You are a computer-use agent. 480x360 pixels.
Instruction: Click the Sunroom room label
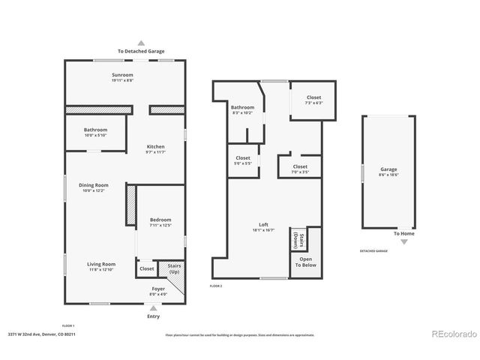tap(123, 75)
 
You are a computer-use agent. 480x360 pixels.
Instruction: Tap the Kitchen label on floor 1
tap(155, 146)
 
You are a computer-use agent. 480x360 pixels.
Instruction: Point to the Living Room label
tap(100, 264)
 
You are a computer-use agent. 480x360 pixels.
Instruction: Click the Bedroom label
tap(160, 220)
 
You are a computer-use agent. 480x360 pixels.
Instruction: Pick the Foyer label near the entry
tap(158, 289)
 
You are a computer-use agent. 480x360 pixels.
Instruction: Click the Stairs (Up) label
tap(174, 268)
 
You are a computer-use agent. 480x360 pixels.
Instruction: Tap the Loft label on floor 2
tap(263, 225)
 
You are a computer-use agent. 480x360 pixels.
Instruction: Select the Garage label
tap(388, 169)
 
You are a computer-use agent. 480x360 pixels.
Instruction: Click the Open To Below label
tap(305, 262)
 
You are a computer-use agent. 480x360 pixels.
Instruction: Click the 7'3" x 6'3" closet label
tap(313, 97)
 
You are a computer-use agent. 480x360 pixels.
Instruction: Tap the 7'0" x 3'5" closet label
tap(300, 166)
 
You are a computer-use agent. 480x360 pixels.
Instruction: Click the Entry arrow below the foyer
tap(154, 307)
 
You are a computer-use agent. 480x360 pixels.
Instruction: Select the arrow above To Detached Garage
tap(141, 43)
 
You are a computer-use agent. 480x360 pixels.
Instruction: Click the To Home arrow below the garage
tap(403, 241)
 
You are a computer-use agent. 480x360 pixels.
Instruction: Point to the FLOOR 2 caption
tap(216, 286)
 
